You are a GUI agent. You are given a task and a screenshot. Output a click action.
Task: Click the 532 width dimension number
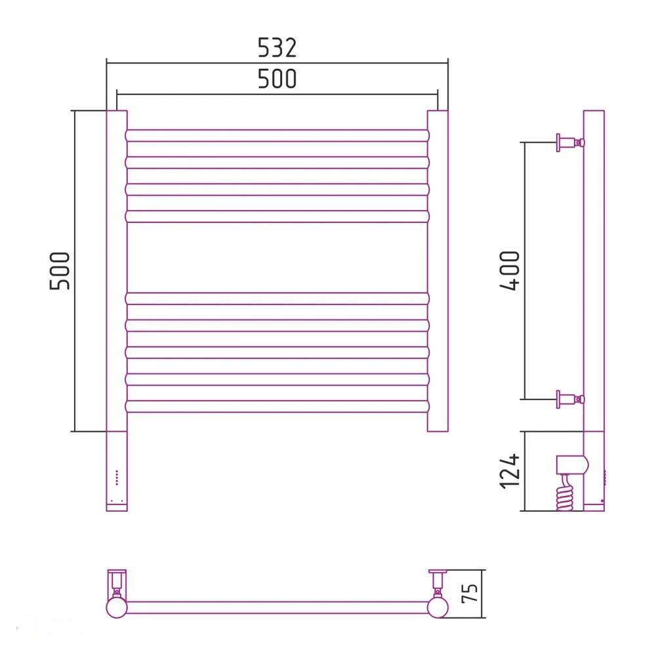[277, 47]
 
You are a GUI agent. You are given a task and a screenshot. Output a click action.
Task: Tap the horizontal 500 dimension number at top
[277, 79]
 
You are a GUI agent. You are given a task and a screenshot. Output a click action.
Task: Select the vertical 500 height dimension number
[60, 271]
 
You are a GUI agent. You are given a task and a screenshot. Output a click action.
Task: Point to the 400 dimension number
[510, 270]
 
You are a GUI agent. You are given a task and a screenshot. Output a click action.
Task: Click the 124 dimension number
[510, 470]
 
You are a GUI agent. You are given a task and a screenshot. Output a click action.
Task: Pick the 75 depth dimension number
[470, 593]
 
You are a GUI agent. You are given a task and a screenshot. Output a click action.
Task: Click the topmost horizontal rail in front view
[277, 136]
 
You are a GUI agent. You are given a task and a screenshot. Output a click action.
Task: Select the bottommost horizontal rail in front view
[277, 406]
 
